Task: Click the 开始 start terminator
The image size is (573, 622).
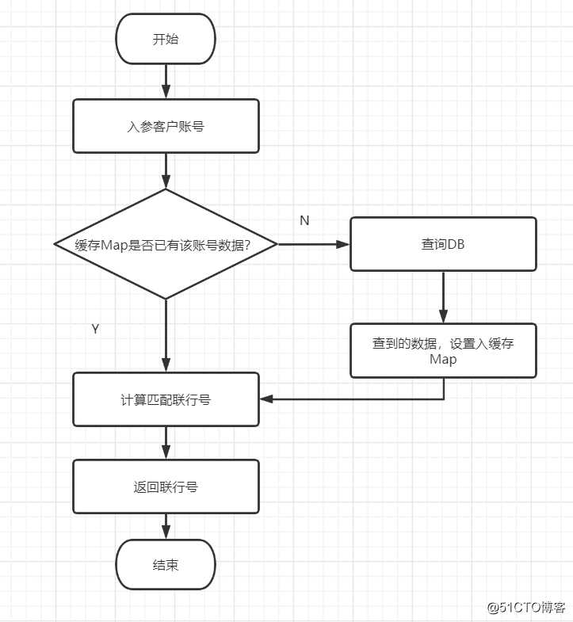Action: pos(166,39)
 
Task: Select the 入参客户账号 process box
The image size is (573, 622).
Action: pos(166,125)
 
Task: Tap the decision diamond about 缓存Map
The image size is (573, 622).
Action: pos(166,244)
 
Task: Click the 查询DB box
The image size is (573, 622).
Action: pos(443,244)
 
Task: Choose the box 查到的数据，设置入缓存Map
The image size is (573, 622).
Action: pos(443,350)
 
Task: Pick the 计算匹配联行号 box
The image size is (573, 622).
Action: pos(166,399)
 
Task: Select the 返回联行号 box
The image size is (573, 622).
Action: pos(166,487)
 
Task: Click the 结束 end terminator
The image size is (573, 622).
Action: pos(166,565)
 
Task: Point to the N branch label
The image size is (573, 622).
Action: pos(304,220)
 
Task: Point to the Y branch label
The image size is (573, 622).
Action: pos(95,329)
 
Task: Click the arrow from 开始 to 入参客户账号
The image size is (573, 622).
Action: pos(166,82)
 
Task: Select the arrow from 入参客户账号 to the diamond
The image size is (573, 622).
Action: pos(166,170)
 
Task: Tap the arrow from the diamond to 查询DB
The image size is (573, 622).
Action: pos(314,244)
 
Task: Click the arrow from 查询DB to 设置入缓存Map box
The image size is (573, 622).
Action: pos(443,297)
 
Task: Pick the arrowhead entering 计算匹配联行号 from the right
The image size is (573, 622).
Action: pos(267,399)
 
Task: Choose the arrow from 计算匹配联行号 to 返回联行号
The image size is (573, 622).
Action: pos(166,442)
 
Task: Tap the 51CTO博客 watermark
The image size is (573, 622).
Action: pos(525,608)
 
